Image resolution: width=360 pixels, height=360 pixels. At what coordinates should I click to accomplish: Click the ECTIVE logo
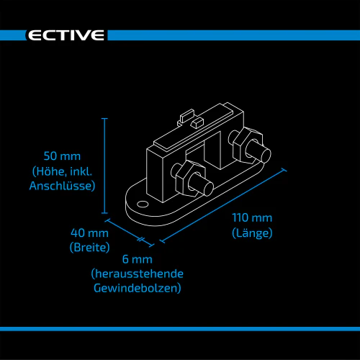click(66, 35)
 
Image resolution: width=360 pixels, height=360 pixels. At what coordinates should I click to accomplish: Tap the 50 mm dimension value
click(62, 156)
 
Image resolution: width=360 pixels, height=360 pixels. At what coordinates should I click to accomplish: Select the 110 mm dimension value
click(252, 218)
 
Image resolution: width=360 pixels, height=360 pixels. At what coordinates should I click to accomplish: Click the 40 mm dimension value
click(89, 233)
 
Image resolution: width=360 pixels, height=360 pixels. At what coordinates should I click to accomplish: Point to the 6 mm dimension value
click(138, 259)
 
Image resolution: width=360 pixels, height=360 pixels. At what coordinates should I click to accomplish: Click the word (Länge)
click(252, 233)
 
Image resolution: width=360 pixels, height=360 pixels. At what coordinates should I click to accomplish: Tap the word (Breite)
click(89, 248)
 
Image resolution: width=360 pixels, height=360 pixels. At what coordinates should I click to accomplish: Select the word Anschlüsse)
click(63, 186)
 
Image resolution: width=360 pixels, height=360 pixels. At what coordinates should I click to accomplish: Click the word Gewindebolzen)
click(138, 288)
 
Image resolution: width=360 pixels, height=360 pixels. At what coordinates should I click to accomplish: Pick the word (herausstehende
click(138, 274)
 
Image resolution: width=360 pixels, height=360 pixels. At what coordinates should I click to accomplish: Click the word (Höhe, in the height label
click(49, 171)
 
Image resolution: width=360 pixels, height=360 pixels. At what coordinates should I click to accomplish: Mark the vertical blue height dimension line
click(104, 166)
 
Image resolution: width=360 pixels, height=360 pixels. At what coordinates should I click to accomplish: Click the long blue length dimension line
click(223, 206)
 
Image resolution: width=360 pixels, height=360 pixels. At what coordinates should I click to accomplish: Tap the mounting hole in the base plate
click(143, 204)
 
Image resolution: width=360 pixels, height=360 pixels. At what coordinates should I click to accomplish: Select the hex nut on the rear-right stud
click(248, 145)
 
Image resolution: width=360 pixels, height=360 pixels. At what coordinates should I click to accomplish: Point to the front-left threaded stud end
click(208, 189)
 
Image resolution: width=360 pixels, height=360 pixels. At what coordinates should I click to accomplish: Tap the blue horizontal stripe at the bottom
click(180, 329)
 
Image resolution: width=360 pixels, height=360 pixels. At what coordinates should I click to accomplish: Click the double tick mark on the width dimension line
click(140, 239)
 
